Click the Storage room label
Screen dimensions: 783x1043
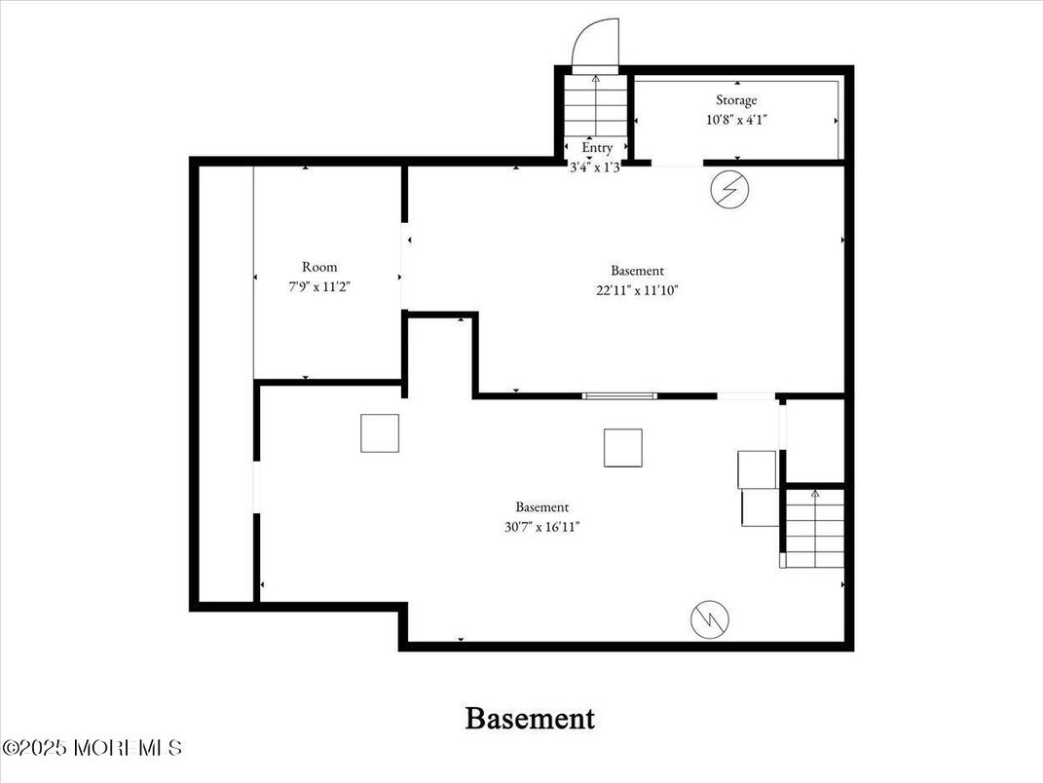736,100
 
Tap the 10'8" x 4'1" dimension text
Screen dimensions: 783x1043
736,121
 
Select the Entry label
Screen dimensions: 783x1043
597,148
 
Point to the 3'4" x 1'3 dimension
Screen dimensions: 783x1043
595,167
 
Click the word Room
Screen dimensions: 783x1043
319,267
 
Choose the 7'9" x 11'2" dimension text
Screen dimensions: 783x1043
319,288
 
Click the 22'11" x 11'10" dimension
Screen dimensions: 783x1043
638,289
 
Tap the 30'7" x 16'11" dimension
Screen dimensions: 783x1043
542,527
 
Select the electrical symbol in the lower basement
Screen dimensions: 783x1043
710,618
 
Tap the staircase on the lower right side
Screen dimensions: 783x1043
814,529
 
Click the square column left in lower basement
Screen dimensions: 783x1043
380,433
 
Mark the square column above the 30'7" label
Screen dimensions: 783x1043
622,448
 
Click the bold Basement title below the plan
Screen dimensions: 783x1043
530,719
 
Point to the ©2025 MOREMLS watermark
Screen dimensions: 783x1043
93,748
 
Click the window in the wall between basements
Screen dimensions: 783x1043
619,395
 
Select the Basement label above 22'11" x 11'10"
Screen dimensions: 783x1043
638,271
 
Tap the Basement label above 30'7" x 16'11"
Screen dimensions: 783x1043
542,507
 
